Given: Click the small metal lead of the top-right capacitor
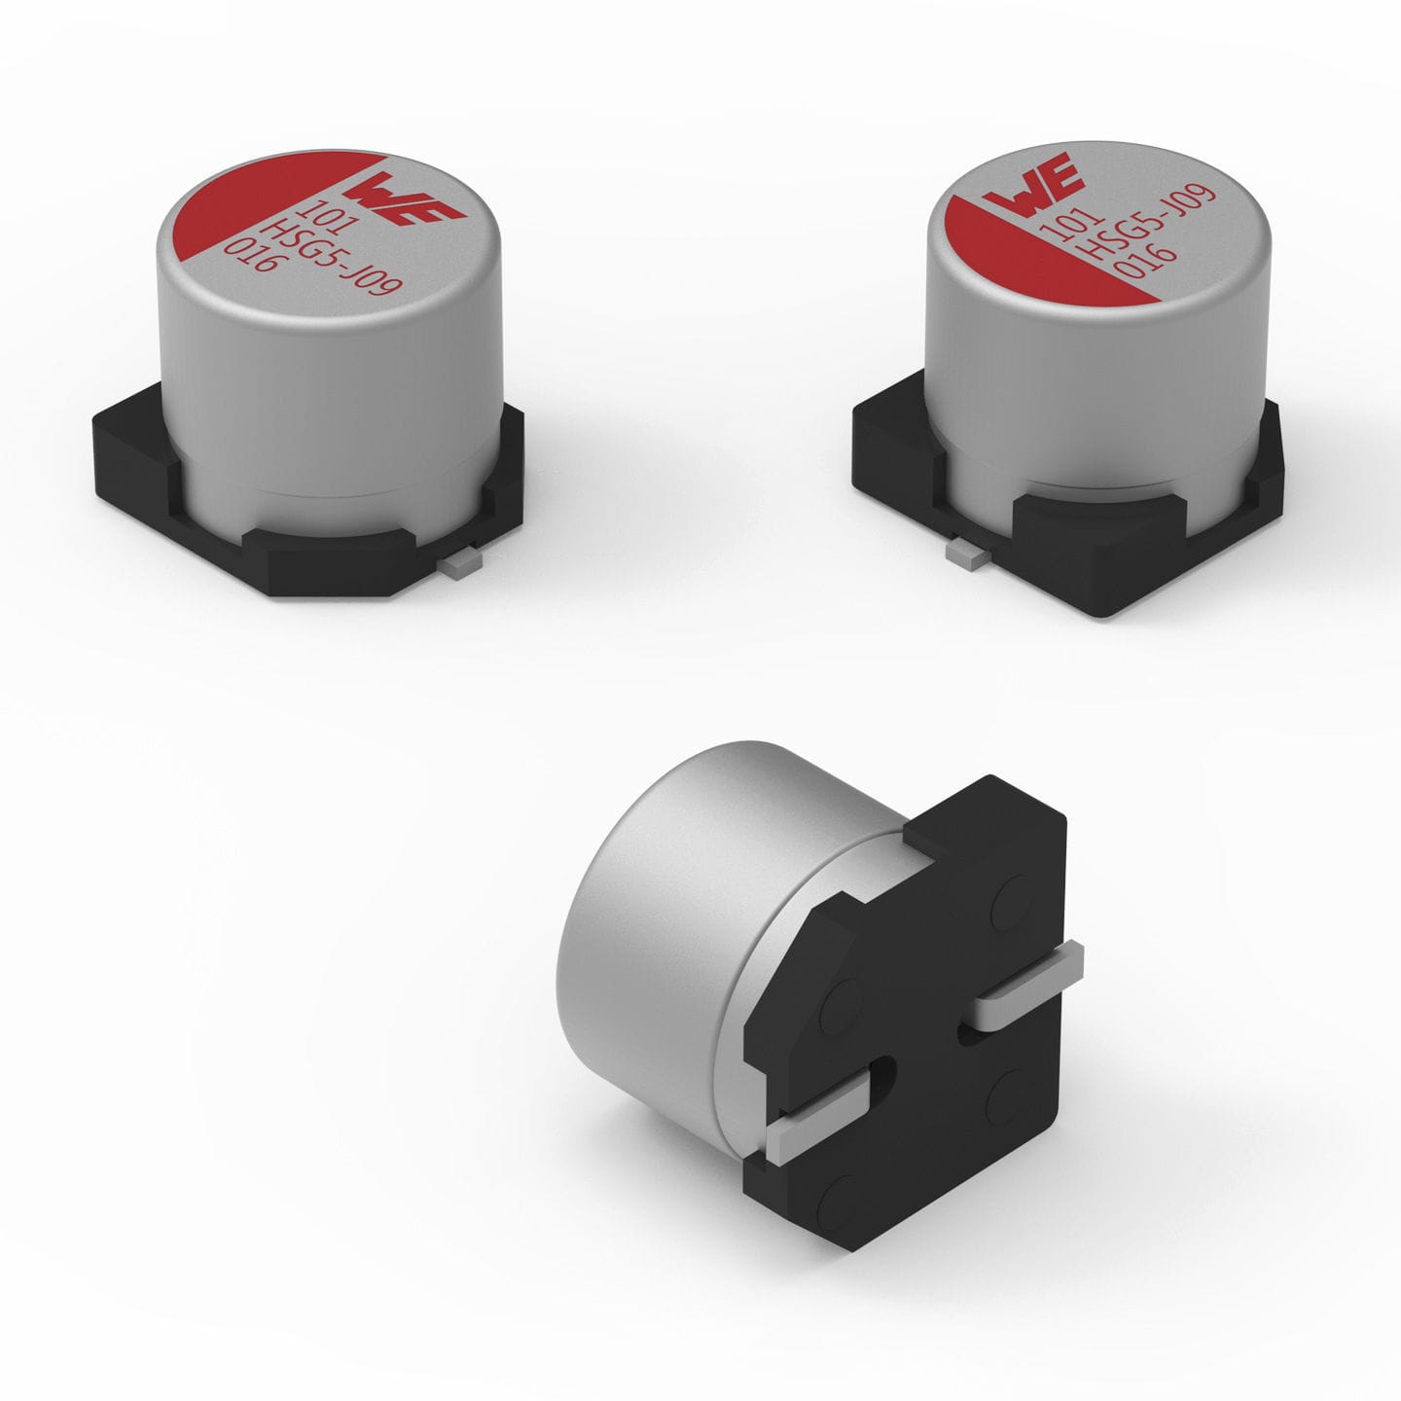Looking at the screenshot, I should pyautogui.click(x=964, y=553).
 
